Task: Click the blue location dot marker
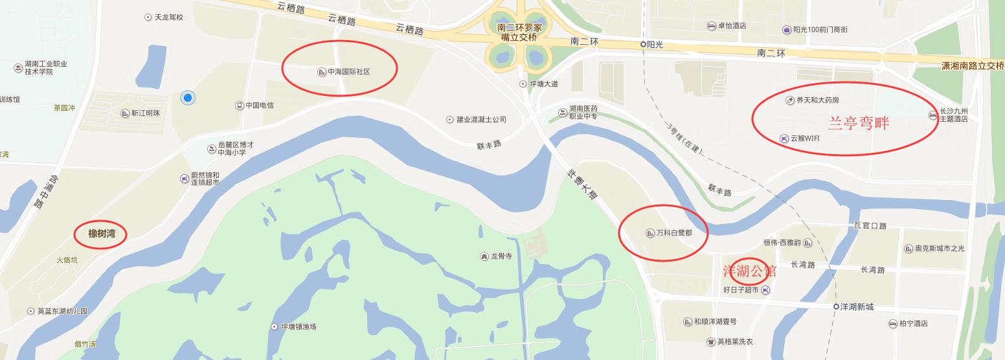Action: click(188, 98)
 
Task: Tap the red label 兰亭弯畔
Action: click(859, 123)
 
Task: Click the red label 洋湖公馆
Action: click(750, 272)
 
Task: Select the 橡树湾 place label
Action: click(102, 234)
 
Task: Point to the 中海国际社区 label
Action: click(348, 72)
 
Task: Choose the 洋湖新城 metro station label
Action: click(857, 307)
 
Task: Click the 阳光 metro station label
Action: click(657, 44)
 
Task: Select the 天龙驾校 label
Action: click(168, 17)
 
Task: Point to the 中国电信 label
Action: click(259, 106)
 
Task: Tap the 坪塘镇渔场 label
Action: click(298, 326)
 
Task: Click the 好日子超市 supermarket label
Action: click(741, 290)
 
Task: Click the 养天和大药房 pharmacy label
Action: click(817, 100)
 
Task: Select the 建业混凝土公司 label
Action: click(480, 120)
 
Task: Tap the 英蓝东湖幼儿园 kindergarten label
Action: click(62, 311)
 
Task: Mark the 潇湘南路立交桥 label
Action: click(973, 66)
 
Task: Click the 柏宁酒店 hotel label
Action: click(913, 324)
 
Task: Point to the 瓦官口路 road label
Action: click(870, 226)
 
